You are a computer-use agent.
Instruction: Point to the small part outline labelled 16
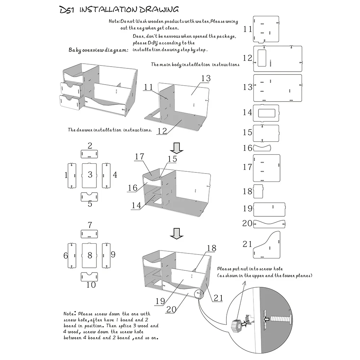point(262,148)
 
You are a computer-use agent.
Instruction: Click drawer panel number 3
point(90,175)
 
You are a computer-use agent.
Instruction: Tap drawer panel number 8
point(90,256)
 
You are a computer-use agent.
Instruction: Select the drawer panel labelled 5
point(90,197)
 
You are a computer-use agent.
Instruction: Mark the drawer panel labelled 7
point(90,234)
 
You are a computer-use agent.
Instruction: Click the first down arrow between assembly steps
point(177,147)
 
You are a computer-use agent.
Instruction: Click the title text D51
point(67,9)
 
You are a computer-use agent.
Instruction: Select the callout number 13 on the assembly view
point(206,78)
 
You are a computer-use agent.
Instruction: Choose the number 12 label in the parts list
point(247,58)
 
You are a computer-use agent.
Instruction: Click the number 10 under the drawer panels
point(91,285)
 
